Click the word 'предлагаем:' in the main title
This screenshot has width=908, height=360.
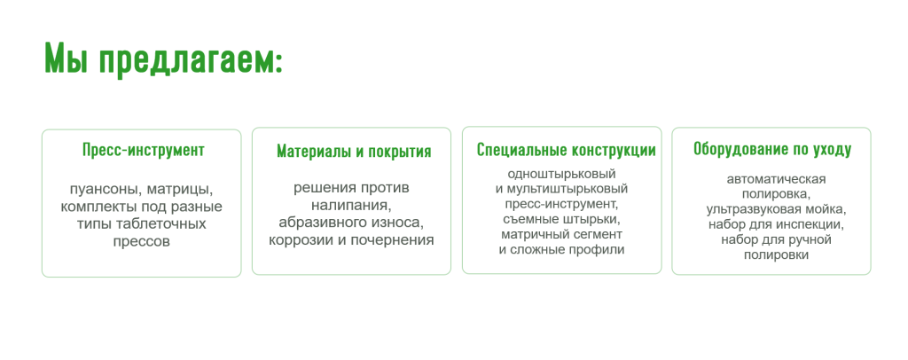191,59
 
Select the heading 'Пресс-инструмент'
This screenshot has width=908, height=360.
143,151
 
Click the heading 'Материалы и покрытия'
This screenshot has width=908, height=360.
354,152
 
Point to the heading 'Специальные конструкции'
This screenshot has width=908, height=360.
567,151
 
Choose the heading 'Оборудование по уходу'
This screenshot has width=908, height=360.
772,150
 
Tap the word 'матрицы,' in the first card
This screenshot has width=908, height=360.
180,190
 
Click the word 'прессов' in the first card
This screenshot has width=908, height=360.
141,241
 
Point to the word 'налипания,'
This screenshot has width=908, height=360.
351,205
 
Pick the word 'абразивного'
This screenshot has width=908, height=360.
321,223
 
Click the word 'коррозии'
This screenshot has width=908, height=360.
299,239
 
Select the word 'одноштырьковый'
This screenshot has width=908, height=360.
561,174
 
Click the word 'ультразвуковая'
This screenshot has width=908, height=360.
748,209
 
